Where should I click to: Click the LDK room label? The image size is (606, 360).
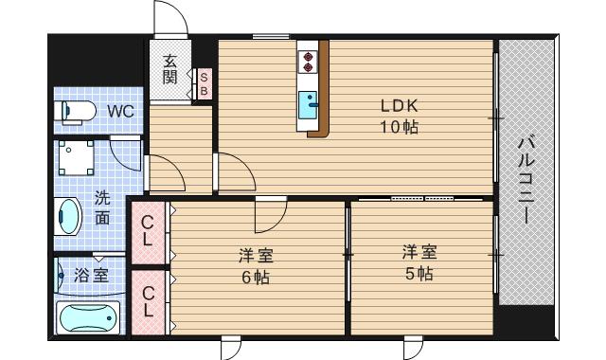(x=399, y=105)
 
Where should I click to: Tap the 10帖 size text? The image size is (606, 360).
(x=399, y=126)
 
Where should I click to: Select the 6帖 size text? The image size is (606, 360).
(x=254, y=277)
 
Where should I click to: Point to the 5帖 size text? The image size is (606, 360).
(x=418, y=275)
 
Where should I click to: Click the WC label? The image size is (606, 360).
(x=120, y=111)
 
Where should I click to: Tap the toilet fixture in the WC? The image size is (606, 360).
(x=77, y=112)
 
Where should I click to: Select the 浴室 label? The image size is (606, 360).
(x=90, y=277)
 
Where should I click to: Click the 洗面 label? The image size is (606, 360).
(x=101, y=208)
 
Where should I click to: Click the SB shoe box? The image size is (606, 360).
(x=204, y=83)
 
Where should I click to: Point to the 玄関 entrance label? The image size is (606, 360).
(x=169, y=69)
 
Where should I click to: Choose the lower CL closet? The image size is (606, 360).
(x=148, y=301)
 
